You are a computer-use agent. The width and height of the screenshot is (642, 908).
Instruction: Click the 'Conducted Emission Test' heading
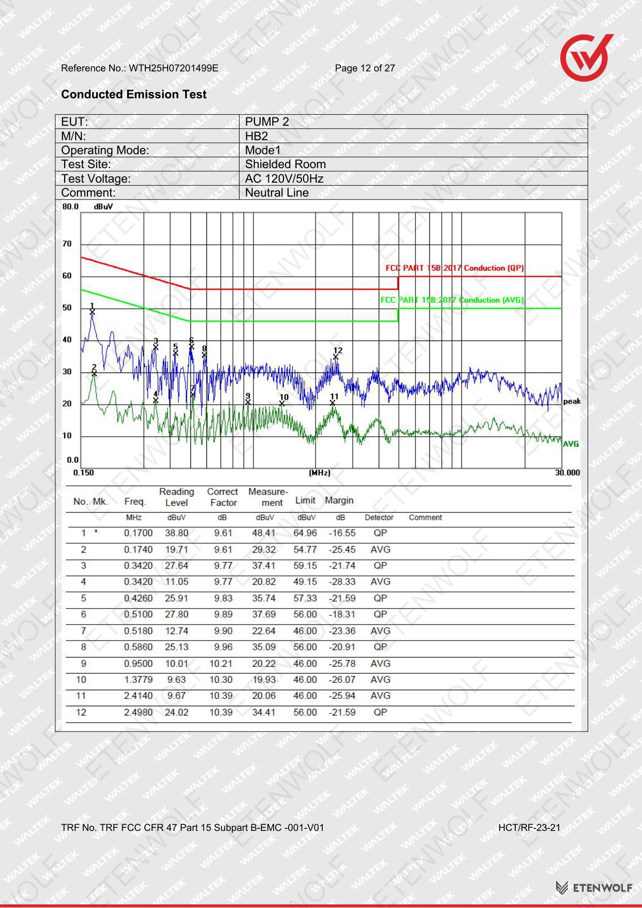pos(133,94)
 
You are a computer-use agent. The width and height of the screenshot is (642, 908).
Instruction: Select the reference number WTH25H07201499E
pos(173,68)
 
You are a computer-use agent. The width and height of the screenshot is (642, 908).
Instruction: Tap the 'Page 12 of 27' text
pos(365,68)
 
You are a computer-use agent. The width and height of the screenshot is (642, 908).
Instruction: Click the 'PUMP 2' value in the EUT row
pos(267,122)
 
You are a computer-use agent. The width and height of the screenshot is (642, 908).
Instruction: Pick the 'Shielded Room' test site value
pos(286,164)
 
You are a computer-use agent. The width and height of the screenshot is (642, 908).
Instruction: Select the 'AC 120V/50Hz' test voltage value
pos(284,178)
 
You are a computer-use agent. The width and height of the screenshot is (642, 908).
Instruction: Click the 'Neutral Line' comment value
pos(277,192)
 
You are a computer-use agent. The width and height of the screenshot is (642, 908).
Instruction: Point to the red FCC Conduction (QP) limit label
pos(455,268)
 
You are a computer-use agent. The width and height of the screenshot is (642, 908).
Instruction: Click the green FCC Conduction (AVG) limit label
pos(452,300)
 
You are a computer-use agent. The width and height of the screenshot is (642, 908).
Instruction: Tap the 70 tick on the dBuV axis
pos(67,244)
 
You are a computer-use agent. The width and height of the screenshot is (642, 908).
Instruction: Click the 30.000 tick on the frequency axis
pos(568,472)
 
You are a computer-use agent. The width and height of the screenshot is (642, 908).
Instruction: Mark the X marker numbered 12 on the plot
pos(336,357)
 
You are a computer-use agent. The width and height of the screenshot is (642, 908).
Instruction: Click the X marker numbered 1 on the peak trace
pos(92,311)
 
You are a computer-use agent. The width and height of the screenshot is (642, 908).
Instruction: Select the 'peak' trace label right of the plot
pos(572,401)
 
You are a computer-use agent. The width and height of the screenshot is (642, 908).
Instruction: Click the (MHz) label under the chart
pos(320,473)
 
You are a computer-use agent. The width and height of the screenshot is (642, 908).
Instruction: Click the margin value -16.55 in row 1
pos(342,533)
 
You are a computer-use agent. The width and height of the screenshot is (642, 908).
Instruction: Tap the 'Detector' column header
pos(379,517)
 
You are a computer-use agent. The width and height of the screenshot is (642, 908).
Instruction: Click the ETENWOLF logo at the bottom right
pos(594,887)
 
